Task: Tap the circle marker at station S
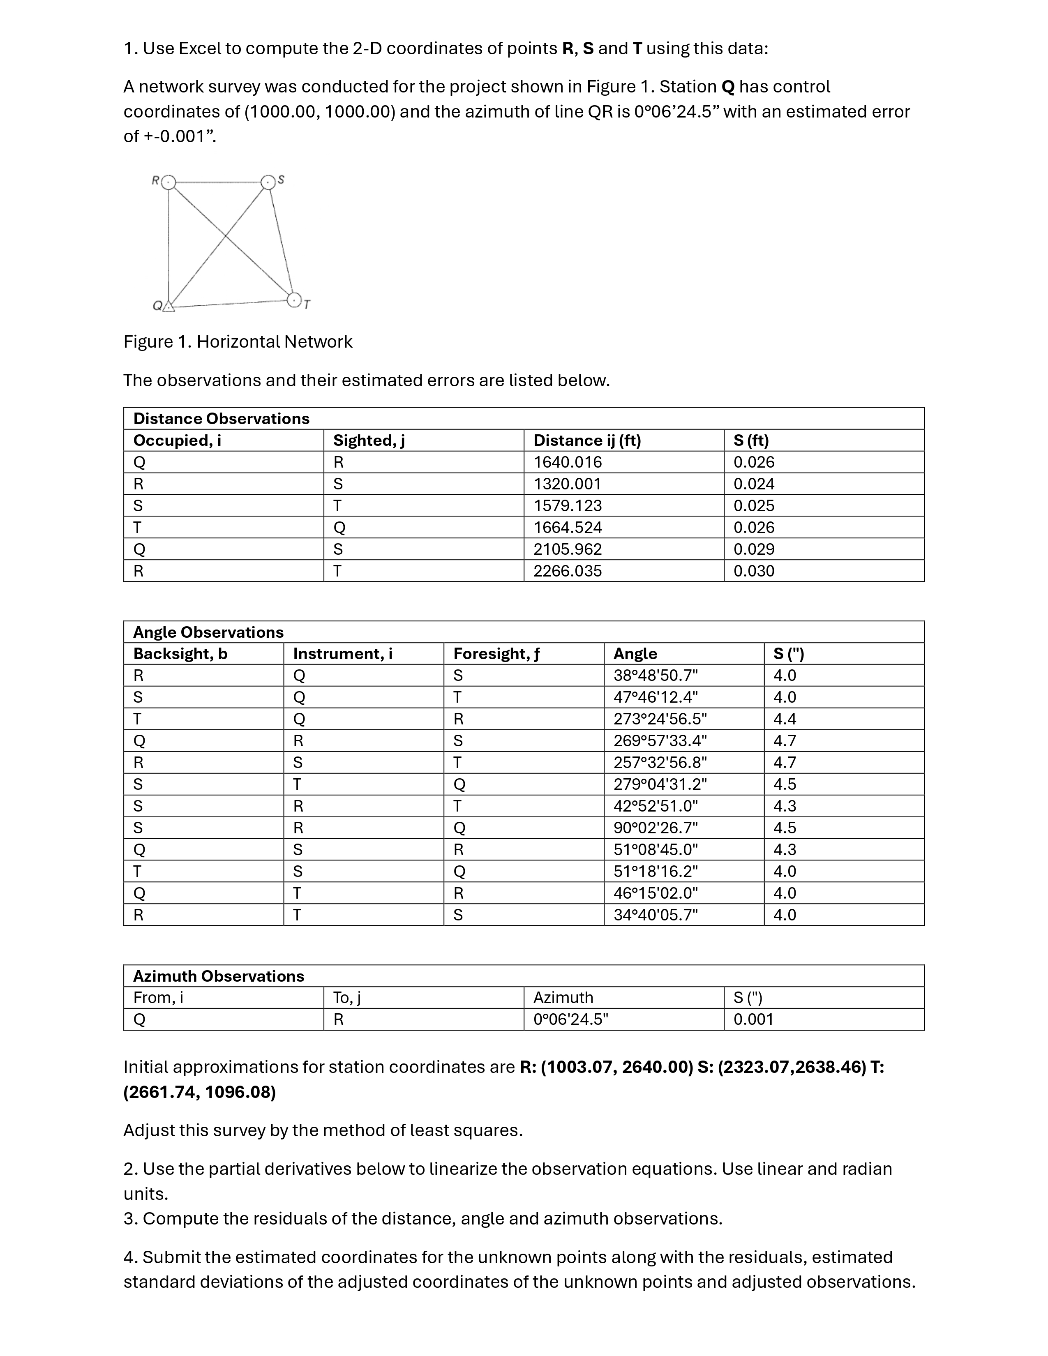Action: coord(268,182)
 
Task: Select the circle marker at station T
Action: coord(294,300)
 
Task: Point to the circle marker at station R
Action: coord(168,182)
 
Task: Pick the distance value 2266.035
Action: coord(568,571)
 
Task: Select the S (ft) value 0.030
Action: coord(754,571)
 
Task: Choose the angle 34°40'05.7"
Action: coord(656,915)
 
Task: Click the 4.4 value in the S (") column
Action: coord(785,719)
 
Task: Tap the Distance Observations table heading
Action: coord(221,418)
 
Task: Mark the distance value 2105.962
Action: coord(568,549)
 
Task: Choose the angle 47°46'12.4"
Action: coord(656,697)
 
